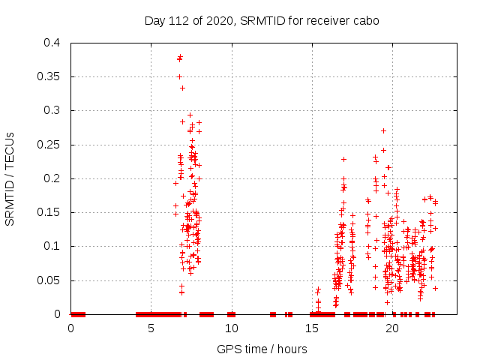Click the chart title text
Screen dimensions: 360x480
(x=262, y=20)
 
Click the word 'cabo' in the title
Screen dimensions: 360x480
(x=366, y=20)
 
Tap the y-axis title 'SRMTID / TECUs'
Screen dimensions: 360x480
(x=10, y=178)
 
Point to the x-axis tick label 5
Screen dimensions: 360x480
(x=151, y=328)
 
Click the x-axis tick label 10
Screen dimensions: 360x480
(x=231, y=328)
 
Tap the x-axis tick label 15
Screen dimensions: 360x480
(x=311, y=328)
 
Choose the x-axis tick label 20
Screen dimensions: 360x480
(x=391, y=328)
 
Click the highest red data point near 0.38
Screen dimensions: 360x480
(x=180, y=57)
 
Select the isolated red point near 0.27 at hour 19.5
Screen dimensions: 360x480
(x=383, y=130)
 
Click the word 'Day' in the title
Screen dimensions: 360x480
(x=154, y=20)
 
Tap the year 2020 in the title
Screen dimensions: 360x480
(x=225, y=20)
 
